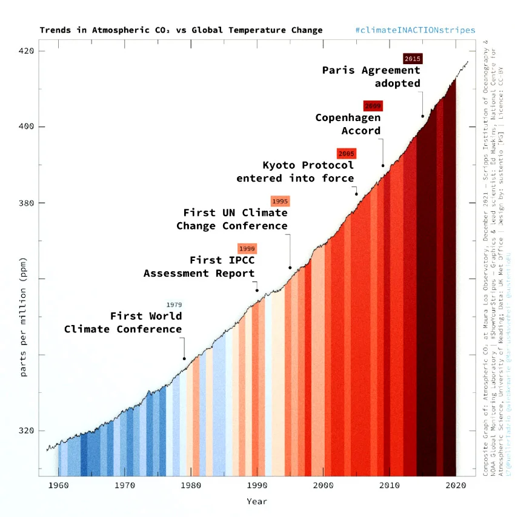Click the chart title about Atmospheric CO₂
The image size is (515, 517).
point(181,30)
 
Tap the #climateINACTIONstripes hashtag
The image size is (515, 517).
point(415,30)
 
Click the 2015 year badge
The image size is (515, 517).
point(412,59)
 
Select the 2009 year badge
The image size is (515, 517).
point(373,106)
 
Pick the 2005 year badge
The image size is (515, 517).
point(347,154)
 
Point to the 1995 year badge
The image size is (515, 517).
point(280,201)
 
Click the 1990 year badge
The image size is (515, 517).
point(247,248)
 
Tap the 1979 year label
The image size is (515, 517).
point(174,305)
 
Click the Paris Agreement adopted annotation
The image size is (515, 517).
point(371,77)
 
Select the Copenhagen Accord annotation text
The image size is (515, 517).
point(348,124)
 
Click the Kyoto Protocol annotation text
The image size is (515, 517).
point(295,171)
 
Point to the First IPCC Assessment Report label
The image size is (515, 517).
point(199,266)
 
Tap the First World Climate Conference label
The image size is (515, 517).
point(124,323)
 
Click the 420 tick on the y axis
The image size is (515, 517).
point(27,51)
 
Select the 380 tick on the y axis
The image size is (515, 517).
point(27,203)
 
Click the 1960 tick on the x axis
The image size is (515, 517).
point(58,485)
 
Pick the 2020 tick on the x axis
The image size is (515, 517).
point(455,485)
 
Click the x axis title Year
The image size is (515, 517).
point(256,501)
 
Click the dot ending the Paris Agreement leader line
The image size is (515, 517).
point(422,116)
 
